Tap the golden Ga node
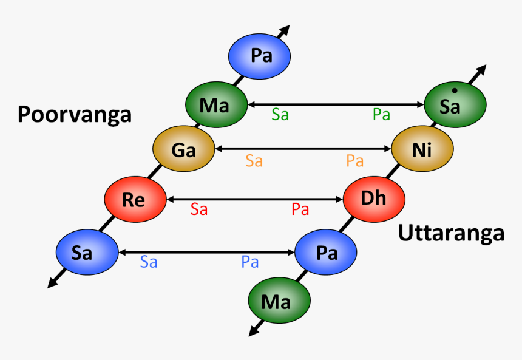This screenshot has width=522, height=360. tap(183, 149)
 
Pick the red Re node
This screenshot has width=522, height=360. tap(135, 199)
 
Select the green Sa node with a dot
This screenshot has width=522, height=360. tap(455, 106)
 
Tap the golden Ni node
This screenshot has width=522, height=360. tap(422, 149)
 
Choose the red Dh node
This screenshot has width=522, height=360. tap(374, 199)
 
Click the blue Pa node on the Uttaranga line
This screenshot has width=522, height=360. tap(326, 253)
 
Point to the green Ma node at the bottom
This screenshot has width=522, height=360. tap(279, 300)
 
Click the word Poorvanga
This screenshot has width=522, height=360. tap(75, 114)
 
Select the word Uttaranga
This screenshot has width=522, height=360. tap(451, 233)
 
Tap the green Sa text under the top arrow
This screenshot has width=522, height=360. tap(280, 115)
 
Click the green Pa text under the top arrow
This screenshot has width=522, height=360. tap(381, 115)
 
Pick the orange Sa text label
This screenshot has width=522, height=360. tap(254, 161)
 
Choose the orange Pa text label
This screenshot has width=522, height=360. tap(354, 161)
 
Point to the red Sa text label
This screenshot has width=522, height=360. tap(199, 210)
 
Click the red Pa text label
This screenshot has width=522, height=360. tap(300, 210)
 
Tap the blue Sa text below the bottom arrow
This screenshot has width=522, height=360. tap(149, 262)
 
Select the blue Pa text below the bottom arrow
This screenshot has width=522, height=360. tap(250, 262)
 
